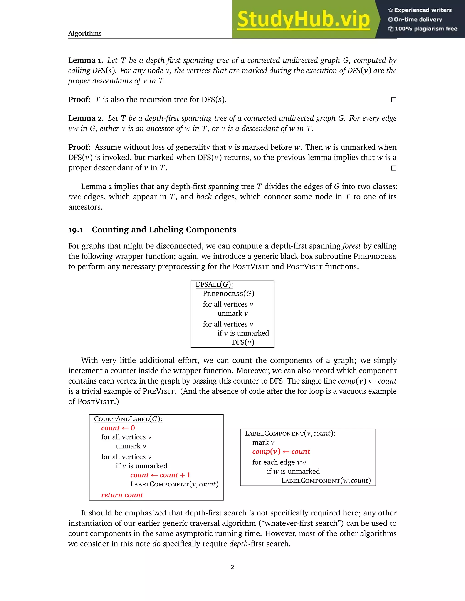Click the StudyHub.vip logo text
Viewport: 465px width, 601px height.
point(303,19)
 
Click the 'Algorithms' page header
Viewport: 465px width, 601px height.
point(85,34)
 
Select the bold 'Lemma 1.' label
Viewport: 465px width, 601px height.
point(86,60)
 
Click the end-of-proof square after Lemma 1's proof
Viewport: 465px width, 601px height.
point(394,100)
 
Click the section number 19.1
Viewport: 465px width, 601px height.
point(75,230)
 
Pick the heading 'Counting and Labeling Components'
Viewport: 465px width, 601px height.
point(164,230)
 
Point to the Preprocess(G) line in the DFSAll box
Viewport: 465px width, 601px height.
point(228,294)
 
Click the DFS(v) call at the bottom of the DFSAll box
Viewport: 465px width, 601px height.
point(243,342)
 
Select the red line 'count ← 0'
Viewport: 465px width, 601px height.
point(118,428)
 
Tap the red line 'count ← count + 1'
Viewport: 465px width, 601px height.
point(160,475)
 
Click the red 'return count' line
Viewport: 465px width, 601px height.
point(122,495)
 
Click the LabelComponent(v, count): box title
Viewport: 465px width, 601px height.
point(290,433)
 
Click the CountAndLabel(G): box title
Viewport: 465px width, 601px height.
point(128,419)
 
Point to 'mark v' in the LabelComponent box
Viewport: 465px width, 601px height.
point(263,442)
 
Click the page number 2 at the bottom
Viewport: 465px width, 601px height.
point(232,567)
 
